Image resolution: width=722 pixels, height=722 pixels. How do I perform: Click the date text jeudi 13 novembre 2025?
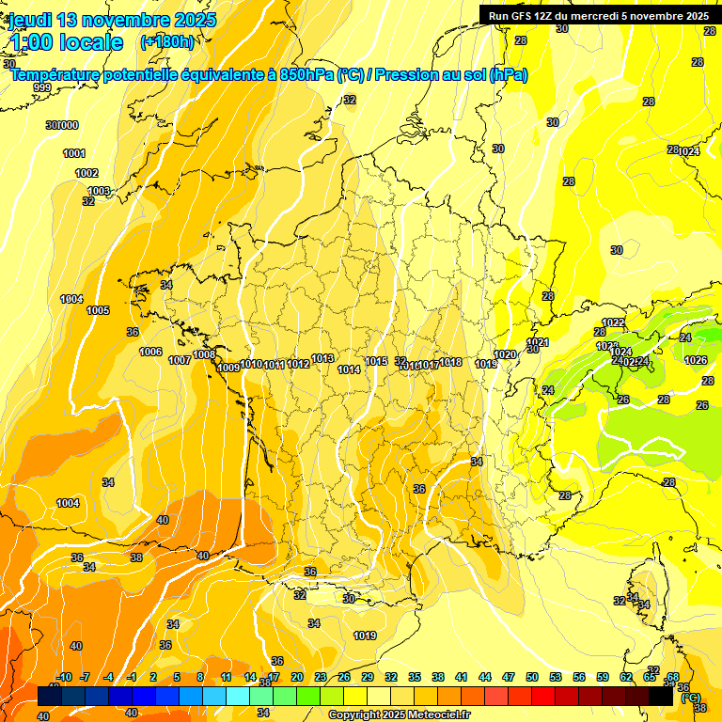(113, 20)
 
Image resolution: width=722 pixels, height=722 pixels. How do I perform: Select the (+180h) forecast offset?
(167, 41)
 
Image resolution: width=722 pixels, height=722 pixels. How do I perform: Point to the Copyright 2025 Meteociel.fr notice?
(399, 715)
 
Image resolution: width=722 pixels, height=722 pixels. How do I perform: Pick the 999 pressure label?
(42, 87)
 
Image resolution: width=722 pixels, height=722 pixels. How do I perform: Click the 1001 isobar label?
(74, 153)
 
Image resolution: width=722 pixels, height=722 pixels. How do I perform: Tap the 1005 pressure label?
(98, 310)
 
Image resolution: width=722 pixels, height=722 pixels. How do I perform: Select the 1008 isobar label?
(204, 354)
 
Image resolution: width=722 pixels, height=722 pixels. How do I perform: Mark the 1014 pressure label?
(349, 369)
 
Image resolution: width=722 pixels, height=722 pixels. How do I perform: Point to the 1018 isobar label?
(450, 362)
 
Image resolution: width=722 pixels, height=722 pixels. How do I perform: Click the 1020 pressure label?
(505, 354)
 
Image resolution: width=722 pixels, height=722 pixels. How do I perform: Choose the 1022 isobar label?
(613, 322)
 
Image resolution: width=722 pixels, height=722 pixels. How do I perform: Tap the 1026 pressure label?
(696, 360)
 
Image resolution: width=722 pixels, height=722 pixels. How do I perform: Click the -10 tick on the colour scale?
(64, 677)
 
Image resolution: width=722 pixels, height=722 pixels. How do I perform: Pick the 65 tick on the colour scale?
(650, 677)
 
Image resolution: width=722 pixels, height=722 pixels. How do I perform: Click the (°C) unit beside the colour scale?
(690, 698)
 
